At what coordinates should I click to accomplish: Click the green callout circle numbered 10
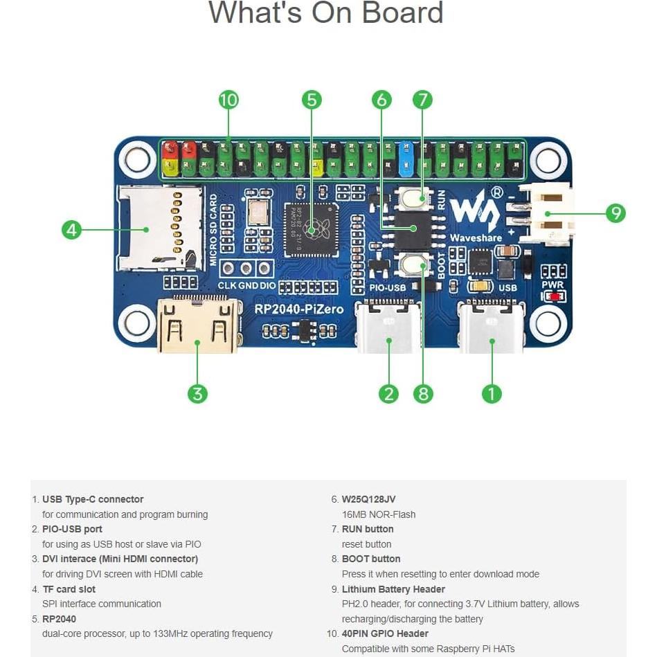click(x=228, y=100)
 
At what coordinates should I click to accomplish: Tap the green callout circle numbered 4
click(x=72, y=229)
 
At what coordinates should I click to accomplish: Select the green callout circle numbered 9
click(x=615, y=213)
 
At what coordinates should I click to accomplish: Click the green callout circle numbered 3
click(x=197, y=393)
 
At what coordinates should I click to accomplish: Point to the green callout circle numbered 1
click(x=491, y=393)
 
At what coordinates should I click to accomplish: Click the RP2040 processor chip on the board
click(x=312, y=229)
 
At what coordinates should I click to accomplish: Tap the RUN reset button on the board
click(x=414, y=198)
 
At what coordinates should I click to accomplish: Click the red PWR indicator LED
click(x=553, y=296)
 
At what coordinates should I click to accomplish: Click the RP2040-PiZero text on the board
click(x=298, y=309)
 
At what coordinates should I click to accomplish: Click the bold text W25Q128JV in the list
click(x=368, y=499)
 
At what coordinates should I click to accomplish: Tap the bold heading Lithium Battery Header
click(x=393, y=589)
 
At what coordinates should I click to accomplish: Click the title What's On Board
click(x=325, y=14)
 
